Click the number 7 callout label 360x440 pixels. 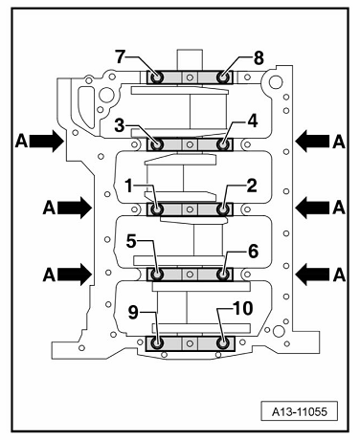click(120, 57)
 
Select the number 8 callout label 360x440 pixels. click(259, 58)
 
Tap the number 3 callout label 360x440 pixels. click(120, 125)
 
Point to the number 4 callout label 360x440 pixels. click(253, 121)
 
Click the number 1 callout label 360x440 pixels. click(128, 187)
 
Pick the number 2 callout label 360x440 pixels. click(252, 187)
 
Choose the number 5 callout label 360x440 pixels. click(131, 241)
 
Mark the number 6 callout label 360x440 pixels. click(253, 252)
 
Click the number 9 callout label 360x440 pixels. click(133, 313)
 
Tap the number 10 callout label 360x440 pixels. click(243, 308)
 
